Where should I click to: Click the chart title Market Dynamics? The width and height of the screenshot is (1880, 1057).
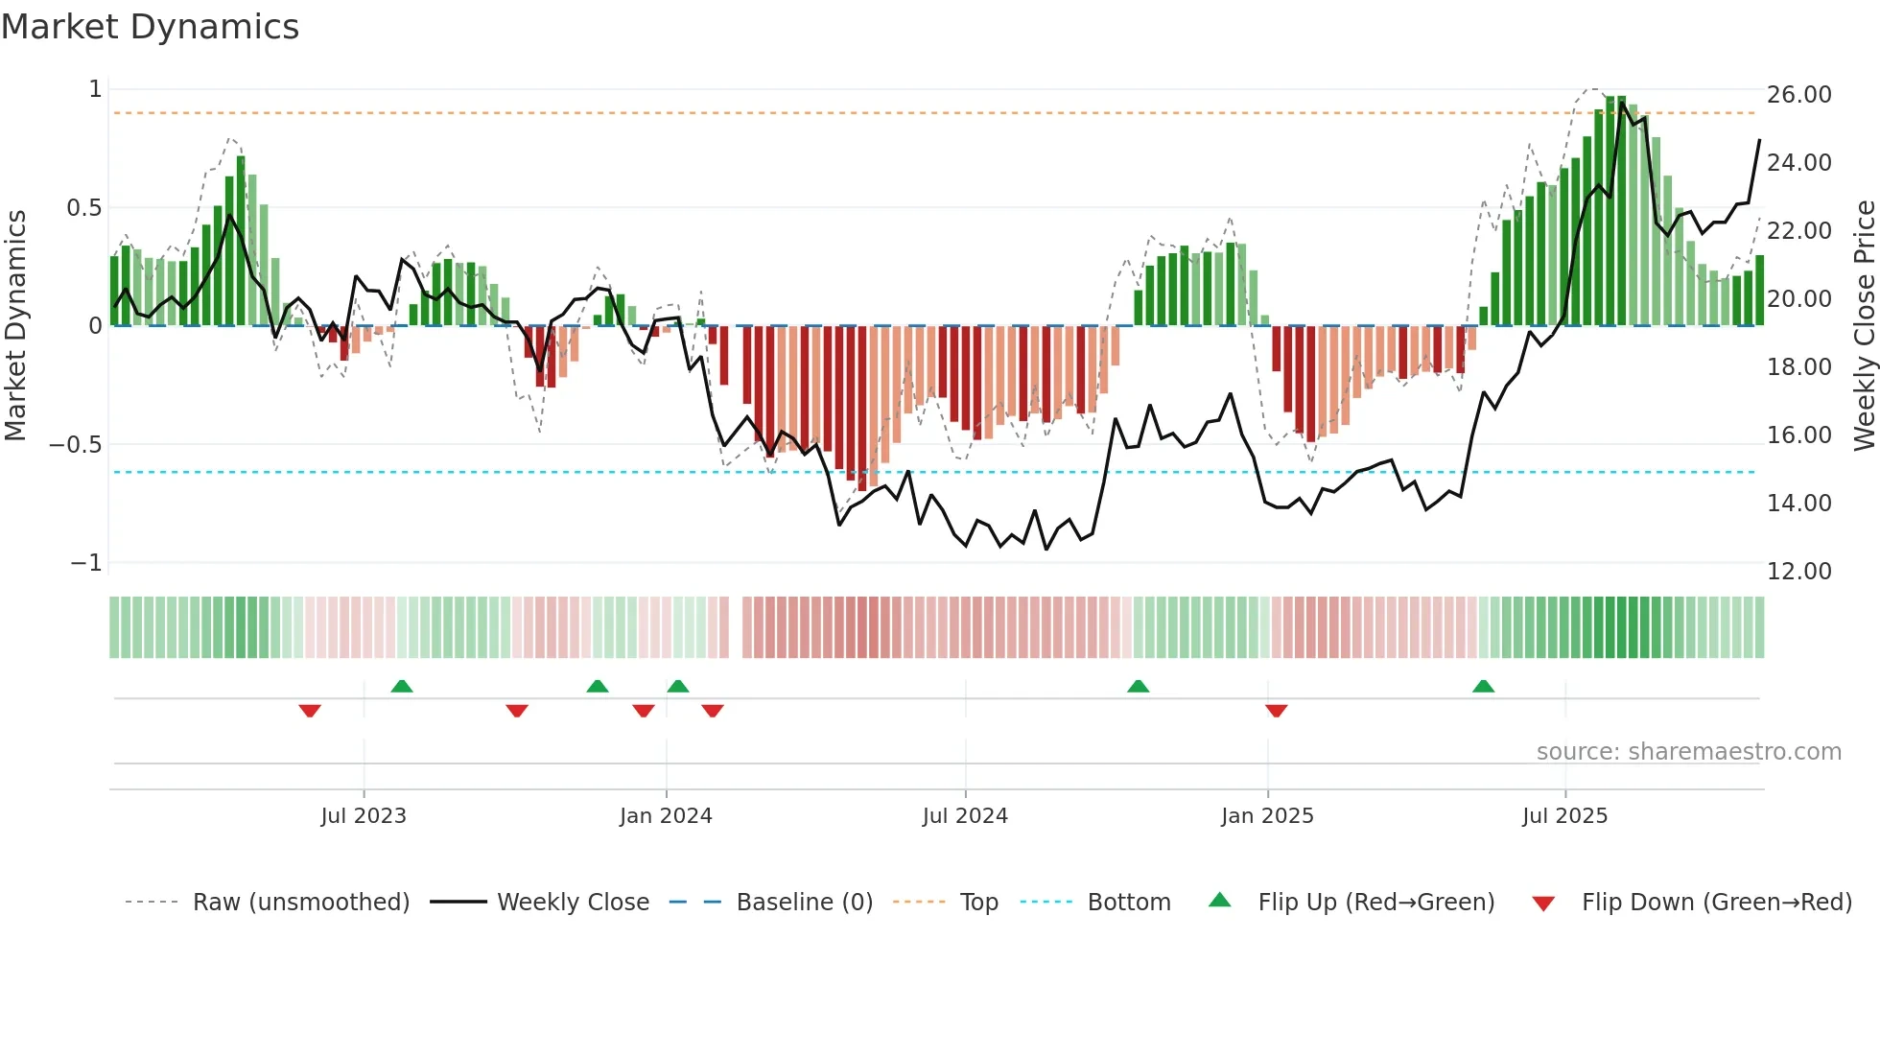pyautogui.click(x=150, y=27)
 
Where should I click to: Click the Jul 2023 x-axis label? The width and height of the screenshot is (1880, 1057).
pyautogui.click(x=364, y=816)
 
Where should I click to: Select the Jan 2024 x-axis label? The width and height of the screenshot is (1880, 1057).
pyautogui.click(x=666, y=816)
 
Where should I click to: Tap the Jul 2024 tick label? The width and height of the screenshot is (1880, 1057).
pyautogui.click(x=965, y=816)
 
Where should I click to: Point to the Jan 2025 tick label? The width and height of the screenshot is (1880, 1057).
pyautogui.click(x=1267, y=816)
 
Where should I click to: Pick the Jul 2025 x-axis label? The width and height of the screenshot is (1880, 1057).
pyautogui.click(x=1564, y=816)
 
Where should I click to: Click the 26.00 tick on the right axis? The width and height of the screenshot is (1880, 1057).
pyautogui.click(x=1798, y=95)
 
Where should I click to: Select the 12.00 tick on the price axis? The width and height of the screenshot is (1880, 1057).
pyautogui.click(x=1798, y=572)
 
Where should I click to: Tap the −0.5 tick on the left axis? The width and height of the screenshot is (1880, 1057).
pyautogui.click(x=75, y=445)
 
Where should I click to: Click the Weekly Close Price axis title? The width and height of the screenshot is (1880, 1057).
pyautogui.click(x=1864, y=326)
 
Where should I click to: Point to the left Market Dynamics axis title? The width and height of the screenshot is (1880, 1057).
pyautogui.click(x=15, y=326)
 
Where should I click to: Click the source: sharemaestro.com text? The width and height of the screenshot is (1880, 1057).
pyautogui.click(x=1688, y=752)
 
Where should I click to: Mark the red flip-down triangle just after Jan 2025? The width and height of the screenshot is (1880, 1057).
pyautogui.click(x=1276, y=711)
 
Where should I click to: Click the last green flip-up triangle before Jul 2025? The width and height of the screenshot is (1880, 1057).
pyautogui.click(x=1483, y=686)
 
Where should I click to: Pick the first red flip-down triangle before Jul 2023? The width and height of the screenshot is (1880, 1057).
pyautogui.click(x=310, y=711)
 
